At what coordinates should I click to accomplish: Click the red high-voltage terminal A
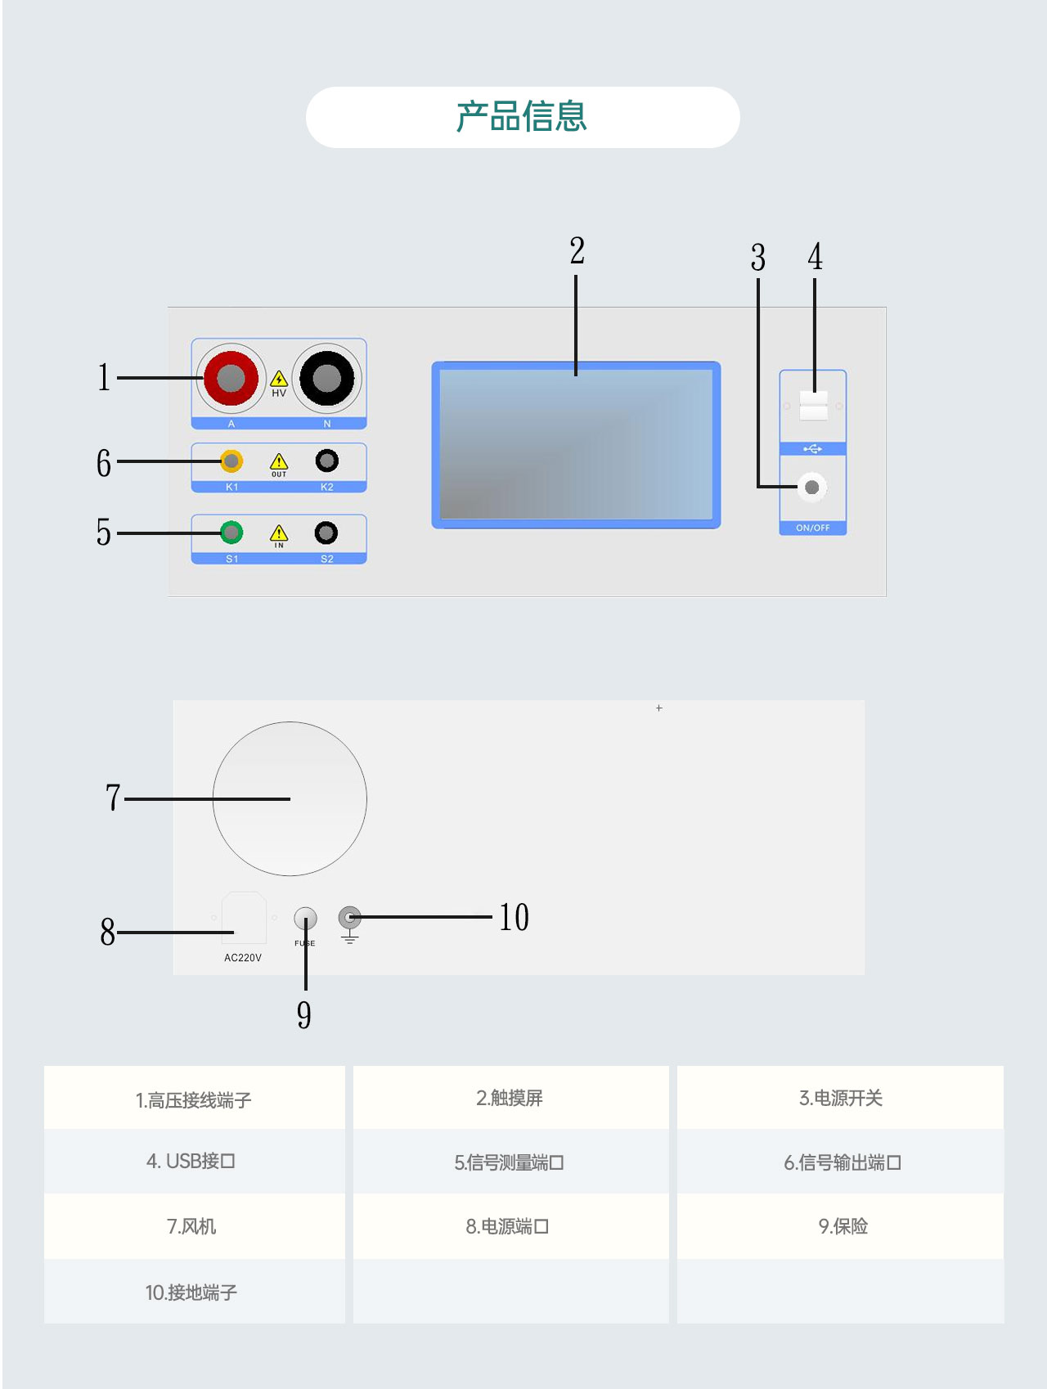(231, 378)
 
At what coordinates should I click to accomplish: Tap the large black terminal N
(326, 378)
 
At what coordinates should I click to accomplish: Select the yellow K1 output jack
(231, 461)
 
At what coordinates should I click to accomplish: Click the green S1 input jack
(231, 533)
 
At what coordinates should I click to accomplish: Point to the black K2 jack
(326, 461)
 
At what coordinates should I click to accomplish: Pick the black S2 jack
(326, 533)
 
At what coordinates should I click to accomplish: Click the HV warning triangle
(279, 380)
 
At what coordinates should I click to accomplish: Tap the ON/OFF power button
(811, 488)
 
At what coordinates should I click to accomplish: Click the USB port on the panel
(813, 405)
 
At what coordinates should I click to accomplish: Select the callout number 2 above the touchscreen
(577, 251)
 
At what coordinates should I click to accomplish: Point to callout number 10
(514, 918)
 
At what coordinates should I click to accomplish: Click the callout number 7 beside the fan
(113, 798)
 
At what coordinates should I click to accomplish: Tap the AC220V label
(243, 958)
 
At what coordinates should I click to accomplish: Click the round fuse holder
(305, 919)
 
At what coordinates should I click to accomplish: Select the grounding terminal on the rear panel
(349, 917)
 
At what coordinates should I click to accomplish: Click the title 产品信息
(522, 117)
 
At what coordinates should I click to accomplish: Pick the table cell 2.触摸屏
(510, 1098)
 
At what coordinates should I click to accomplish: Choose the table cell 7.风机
(192, 1226)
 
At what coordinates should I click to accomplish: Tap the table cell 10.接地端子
(191, 1292)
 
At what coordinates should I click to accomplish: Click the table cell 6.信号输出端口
(842, 1162)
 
